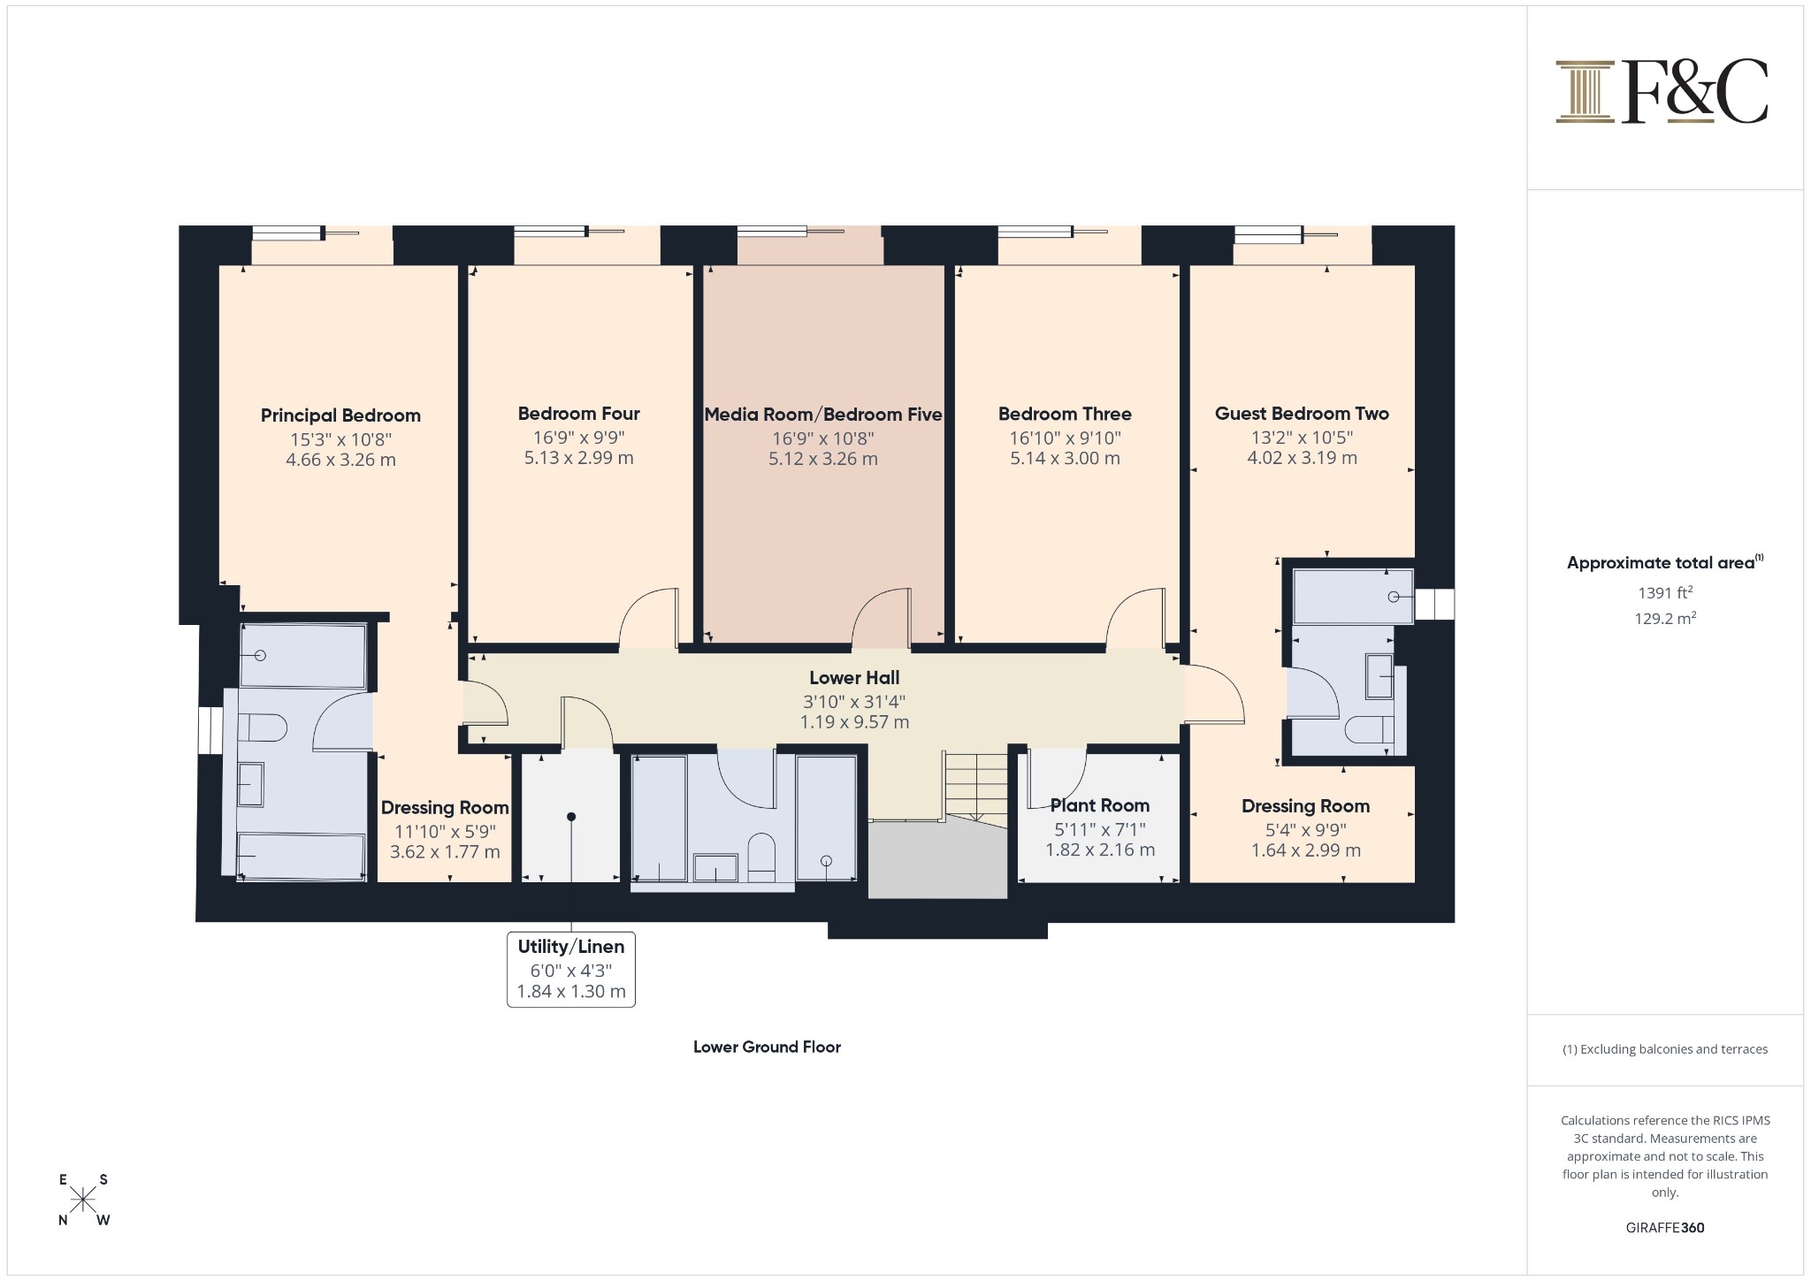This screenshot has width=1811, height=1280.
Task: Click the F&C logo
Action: [1662, 91]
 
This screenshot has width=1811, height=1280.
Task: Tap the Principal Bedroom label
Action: [340, 415]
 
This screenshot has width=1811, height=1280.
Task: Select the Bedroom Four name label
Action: [579, 414]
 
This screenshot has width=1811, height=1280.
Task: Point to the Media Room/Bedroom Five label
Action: [823, 415]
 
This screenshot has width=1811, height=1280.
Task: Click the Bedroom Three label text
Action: [1065, 414]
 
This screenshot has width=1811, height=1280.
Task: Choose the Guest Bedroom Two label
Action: [1302, 413]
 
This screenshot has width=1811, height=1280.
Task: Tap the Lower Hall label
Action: [854, 678]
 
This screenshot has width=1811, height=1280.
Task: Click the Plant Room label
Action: [1100, 805]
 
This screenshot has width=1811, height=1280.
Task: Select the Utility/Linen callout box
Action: [571, 969]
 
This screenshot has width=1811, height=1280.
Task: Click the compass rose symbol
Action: [83, 1200]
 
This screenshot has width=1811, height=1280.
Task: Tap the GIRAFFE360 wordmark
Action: [1665, 1227]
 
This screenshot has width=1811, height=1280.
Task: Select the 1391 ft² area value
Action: [1665, 593]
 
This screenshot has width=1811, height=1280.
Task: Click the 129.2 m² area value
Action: [1665, 618]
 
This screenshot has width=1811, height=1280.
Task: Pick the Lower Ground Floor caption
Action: [767, 1047]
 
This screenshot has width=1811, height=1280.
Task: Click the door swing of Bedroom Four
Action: [648, 618]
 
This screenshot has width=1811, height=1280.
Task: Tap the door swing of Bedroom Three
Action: [1135, 618]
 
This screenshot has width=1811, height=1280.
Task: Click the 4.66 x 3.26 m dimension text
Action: [340, 460]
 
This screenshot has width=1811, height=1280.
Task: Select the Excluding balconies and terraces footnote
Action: [1665, 1049]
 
